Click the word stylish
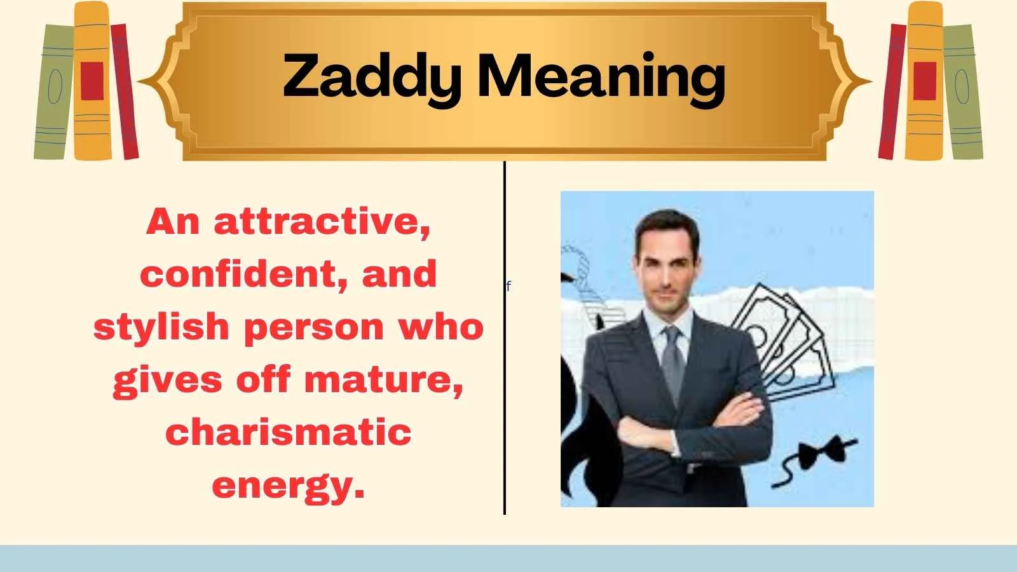(x=162, y=327)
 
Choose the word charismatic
(x=288, y=432)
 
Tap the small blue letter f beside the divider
(x=508, y=287)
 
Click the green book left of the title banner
(x=54, y=92)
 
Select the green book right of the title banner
(x=962, y=92)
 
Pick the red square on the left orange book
(x=92, y=81)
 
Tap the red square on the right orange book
(x=925, y=81)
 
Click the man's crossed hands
(x=686, y=432)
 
